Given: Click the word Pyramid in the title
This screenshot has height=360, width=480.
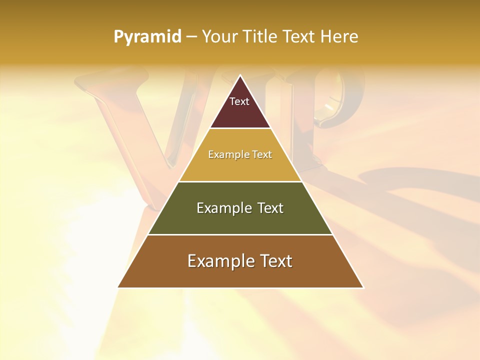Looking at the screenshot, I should point(147,37).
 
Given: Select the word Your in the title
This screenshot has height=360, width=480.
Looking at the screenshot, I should point(220,37).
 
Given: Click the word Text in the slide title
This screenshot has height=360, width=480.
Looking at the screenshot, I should point(299,37).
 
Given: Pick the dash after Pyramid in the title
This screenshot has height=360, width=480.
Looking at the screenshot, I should point(191,37).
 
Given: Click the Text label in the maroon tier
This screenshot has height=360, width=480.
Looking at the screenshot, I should point(239,101).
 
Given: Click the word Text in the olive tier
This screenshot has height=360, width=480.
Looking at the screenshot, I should point(271,208).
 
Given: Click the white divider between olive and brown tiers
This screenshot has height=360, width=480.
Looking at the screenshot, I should point(240,234).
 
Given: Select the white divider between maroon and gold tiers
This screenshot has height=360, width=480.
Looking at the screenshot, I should point(240,128).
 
